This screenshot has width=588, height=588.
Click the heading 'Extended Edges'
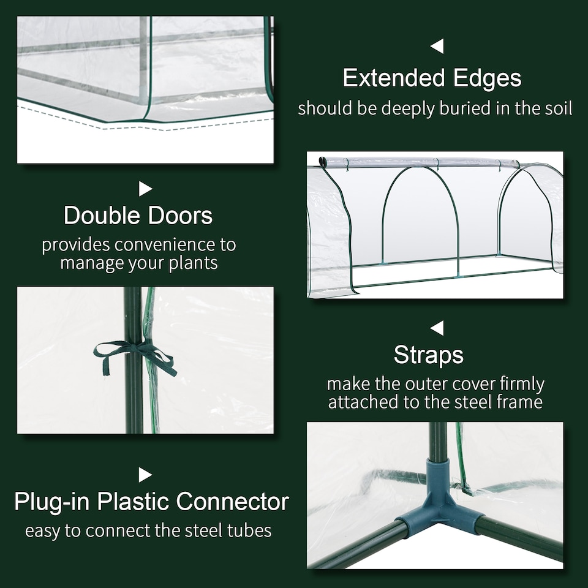(x=432, y=78)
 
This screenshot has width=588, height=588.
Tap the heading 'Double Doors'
(x=138, y=216)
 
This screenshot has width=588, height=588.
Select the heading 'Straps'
(x=429, y=355)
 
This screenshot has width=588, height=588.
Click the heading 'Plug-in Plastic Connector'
(x=151, y=502)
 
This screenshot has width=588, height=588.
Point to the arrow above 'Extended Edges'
(x=436, y=46)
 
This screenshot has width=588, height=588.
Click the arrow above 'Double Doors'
(x=145, y=189)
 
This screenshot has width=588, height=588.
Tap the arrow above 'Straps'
(x=436, y=328)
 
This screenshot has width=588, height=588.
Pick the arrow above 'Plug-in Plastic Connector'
(x=145, y=475)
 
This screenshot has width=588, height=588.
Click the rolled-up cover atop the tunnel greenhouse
(x=423, y=162)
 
